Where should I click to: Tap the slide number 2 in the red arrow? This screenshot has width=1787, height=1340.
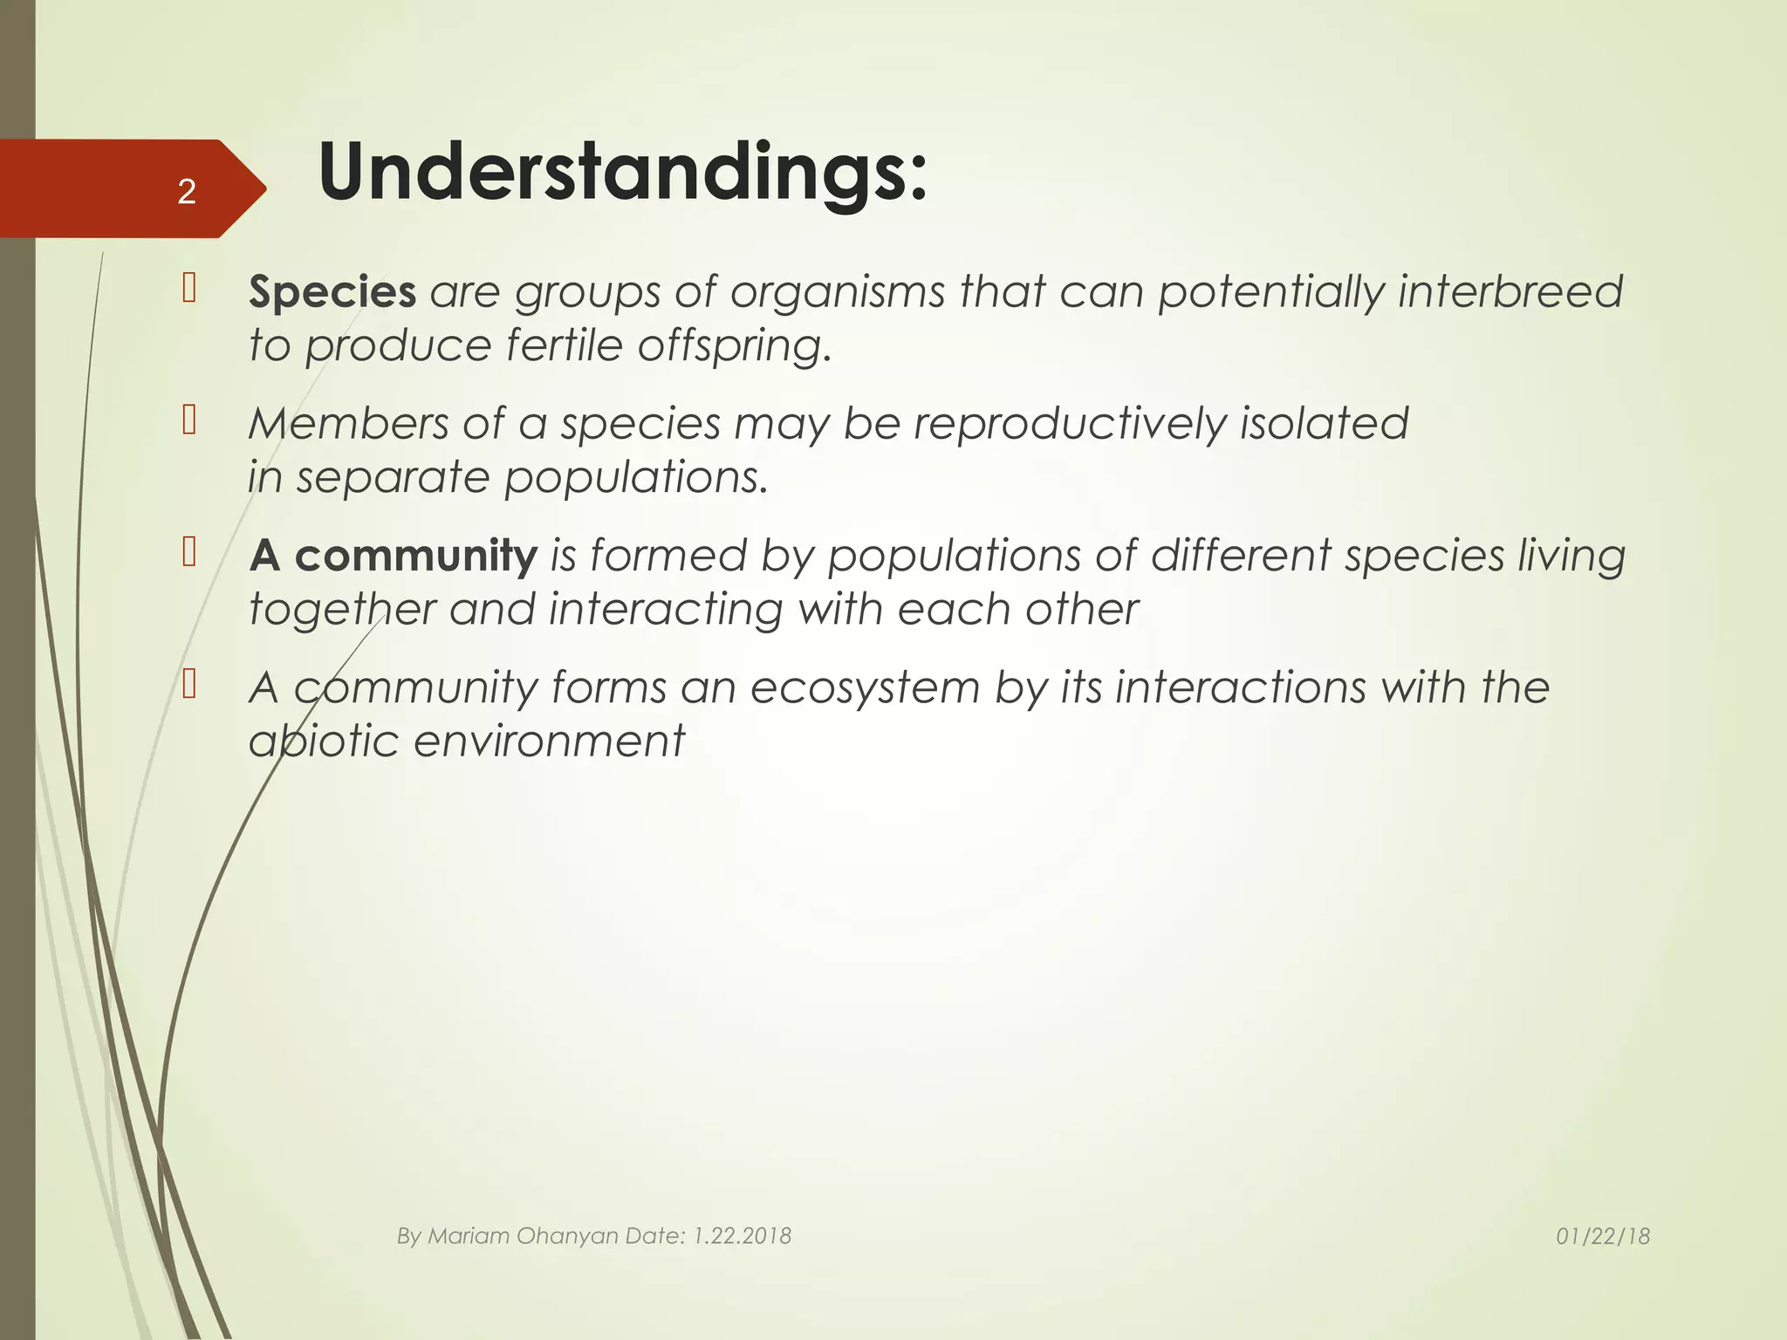[186, 191]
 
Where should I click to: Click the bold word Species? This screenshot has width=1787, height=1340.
[332, 291]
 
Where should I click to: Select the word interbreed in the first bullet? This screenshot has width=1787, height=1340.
[1510, 291]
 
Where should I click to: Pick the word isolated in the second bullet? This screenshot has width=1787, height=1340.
[1324, 424]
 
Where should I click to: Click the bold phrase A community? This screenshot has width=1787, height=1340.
[393, 556]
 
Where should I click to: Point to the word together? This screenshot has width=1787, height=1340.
[341, 609]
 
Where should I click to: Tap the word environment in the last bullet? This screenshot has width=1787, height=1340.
[549, 742]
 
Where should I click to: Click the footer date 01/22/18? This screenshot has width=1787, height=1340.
[1603, 1236]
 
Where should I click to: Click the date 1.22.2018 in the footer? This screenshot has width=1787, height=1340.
[742, 1236]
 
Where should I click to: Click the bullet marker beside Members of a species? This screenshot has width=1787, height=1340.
[189, 420]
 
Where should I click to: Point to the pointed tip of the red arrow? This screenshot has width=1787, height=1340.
[264, 188]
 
